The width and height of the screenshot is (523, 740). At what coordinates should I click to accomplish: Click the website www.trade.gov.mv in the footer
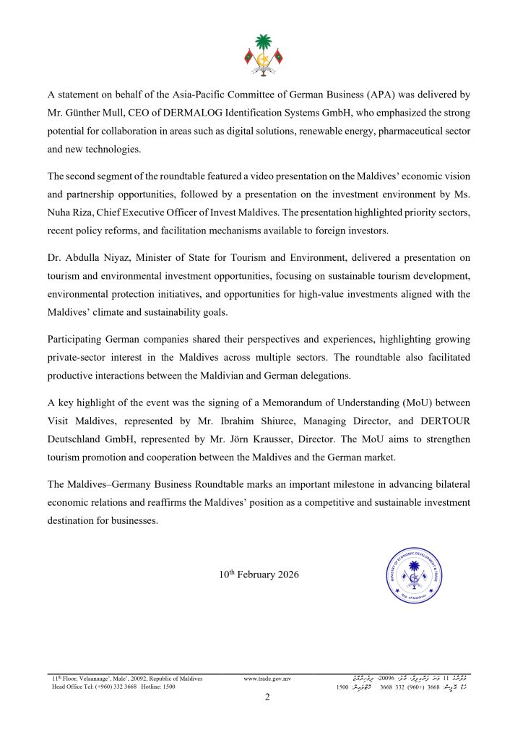click(267, 679)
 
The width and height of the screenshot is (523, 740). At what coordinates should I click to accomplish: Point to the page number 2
click(267, 697)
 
